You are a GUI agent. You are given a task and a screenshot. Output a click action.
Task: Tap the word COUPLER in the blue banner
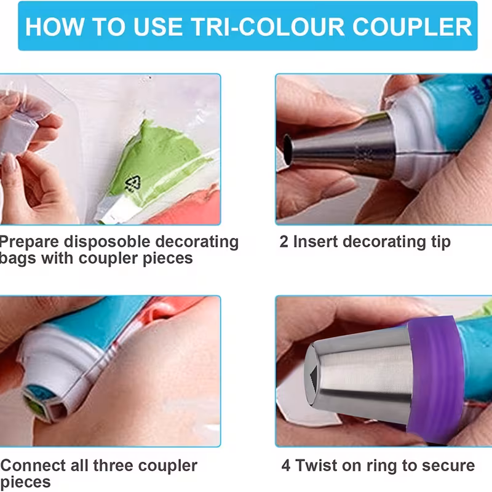(412, 26)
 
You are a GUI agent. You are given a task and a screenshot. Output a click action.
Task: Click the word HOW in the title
(55, 26)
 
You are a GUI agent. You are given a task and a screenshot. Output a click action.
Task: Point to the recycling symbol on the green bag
(132, 183)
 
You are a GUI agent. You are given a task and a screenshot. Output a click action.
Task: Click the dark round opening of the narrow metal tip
(287, 149)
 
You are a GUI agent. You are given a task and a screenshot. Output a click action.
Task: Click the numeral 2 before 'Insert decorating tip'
(284, 242)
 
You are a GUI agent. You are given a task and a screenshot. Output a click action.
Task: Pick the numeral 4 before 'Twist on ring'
(286, 466)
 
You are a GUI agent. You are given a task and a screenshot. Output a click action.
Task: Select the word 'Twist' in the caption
(316, 466)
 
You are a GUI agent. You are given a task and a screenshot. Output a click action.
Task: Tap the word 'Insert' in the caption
(315, 242)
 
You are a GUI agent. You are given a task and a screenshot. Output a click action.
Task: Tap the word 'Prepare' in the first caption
(29, 242)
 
